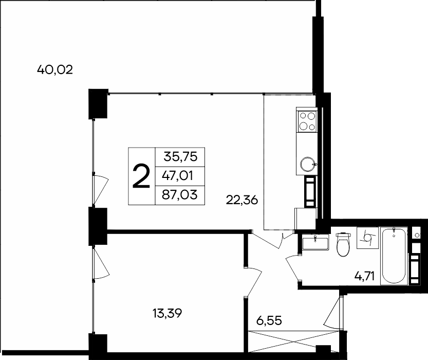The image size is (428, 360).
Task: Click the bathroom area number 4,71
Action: click(x=366, y=278)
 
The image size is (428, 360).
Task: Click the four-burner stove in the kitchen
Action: click(x=307, y=121)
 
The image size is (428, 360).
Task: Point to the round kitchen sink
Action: click(x=307, y=164)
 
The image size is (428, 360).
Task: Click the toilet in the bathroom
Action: click(x=342, y=244)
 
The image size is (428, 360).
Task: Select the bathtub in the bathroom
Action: click(x=394, y=255)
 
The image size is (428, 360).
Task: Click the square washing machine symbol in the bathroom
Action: click(x=368, y=238)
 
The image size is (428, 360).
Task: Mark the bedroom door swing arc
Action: click(x=255, y=280)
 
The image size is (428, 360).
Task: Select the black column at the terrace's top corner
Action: click(x=97, y=103)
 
